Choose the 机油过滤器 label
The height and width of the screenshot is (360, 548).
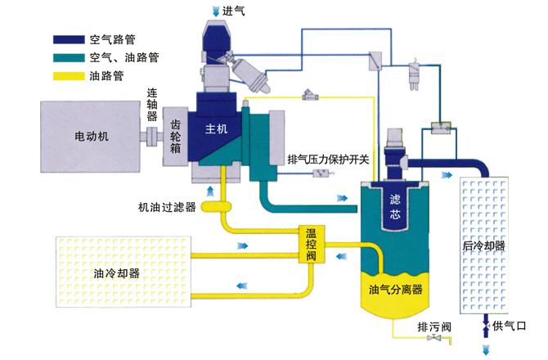[x=167, y=208]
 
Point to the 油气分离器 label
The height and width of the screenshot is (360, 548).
[x=395, y=290]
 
